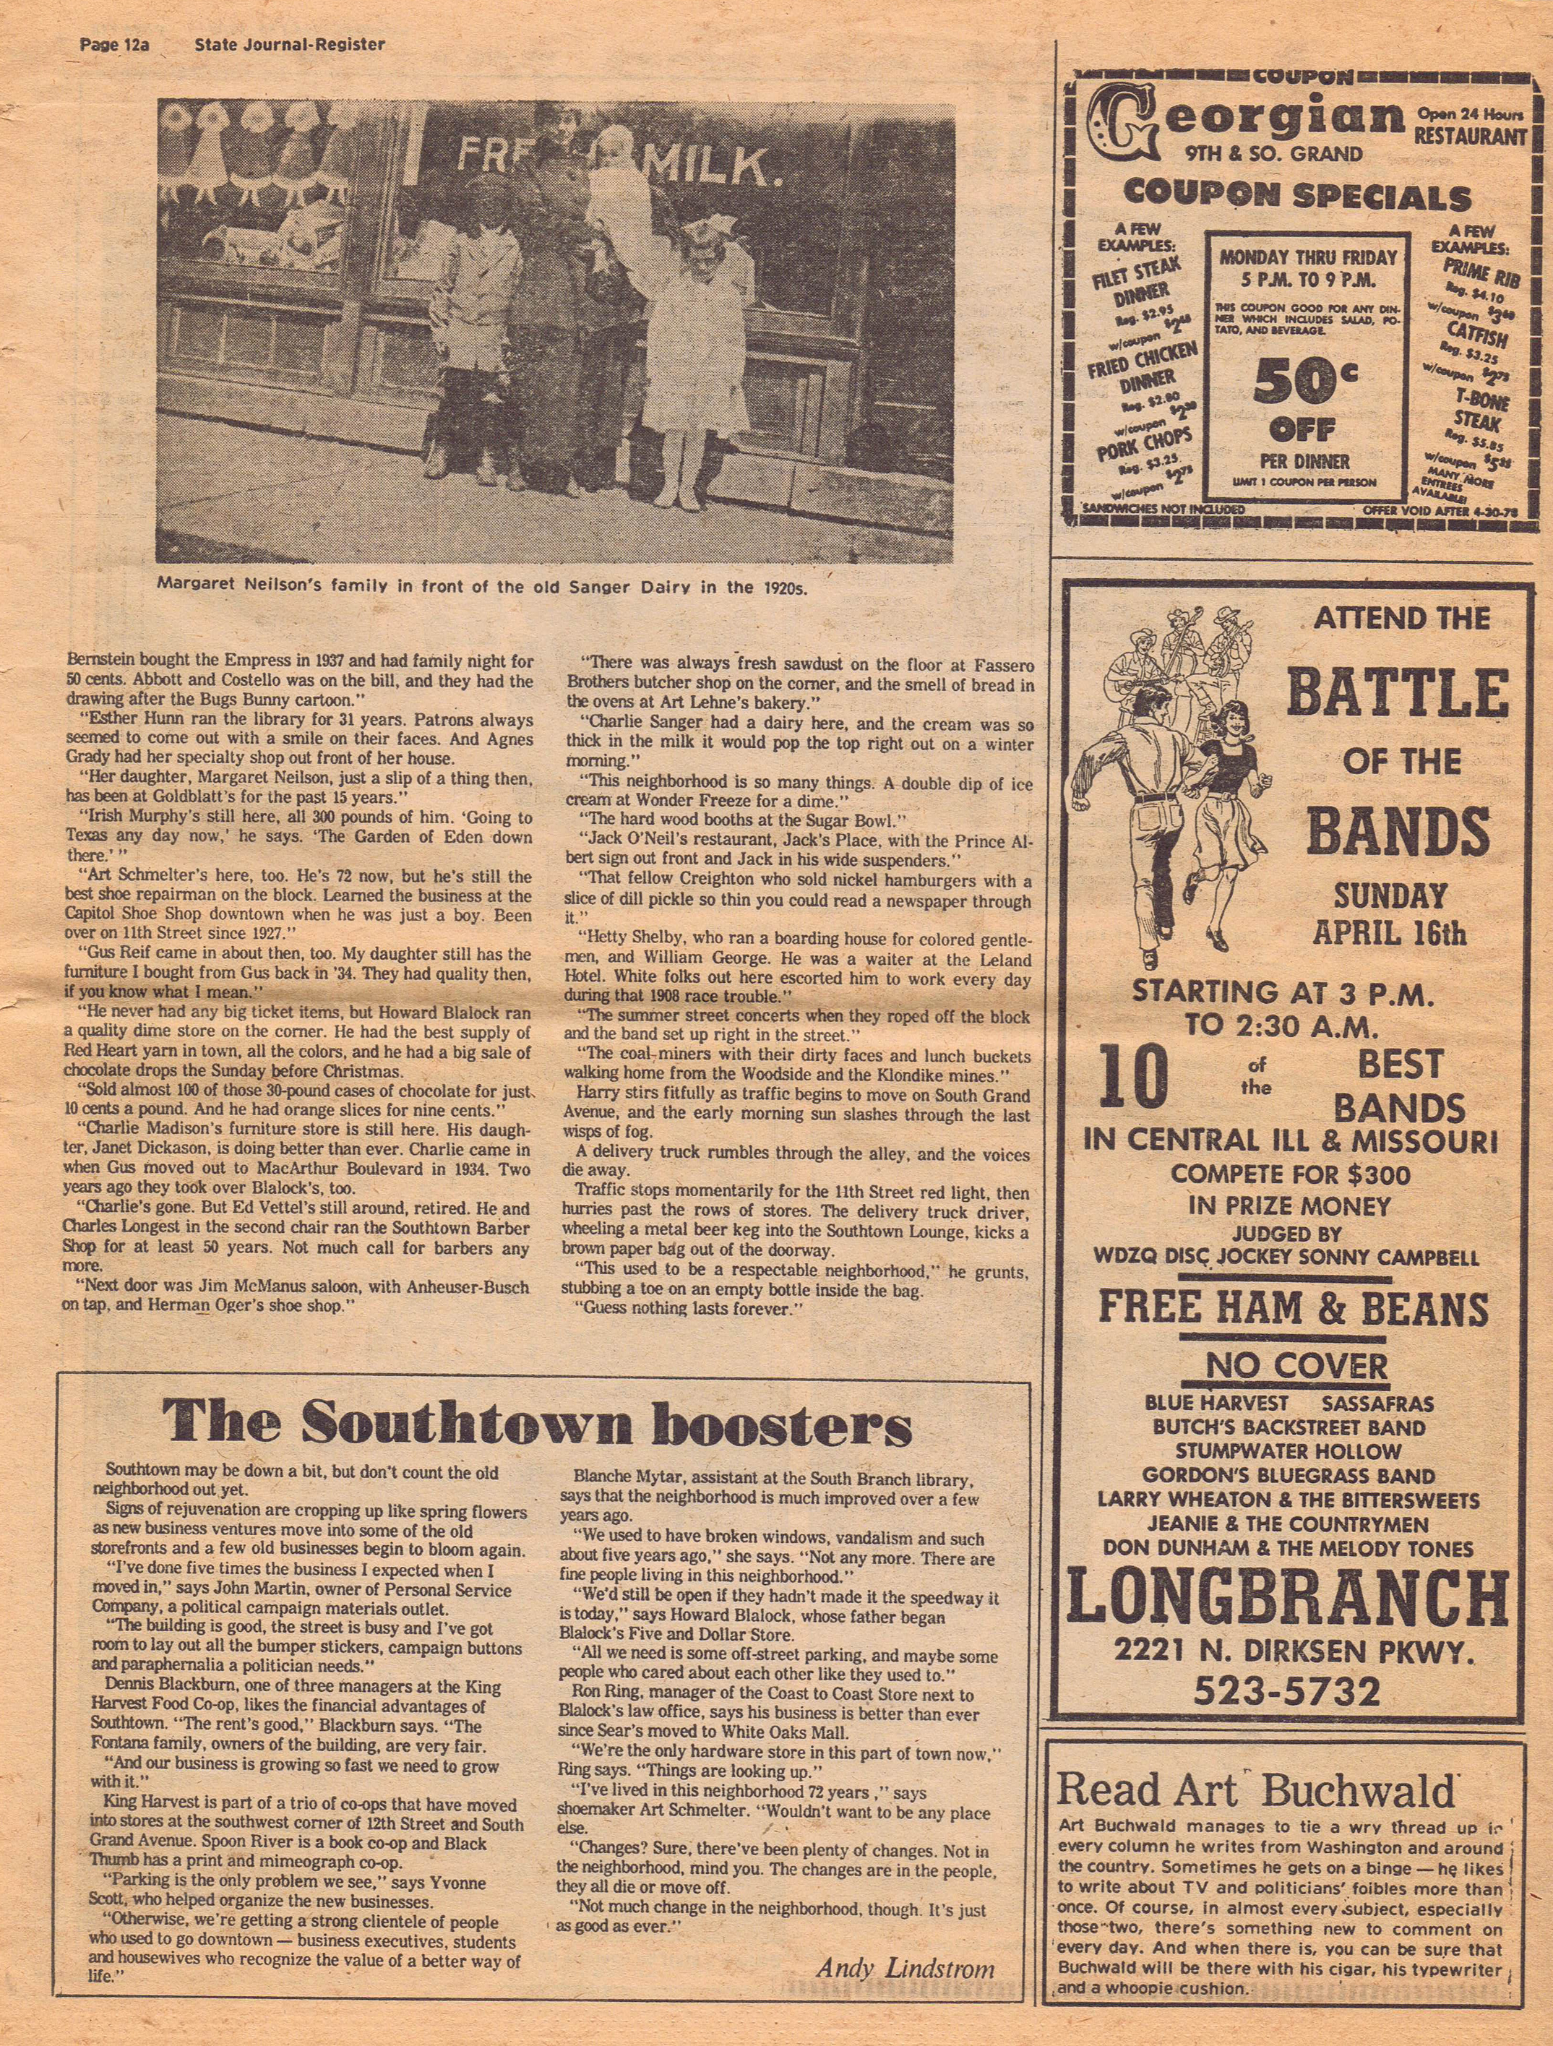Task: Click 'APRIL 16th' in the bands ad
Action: [x=1389, y=932]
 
